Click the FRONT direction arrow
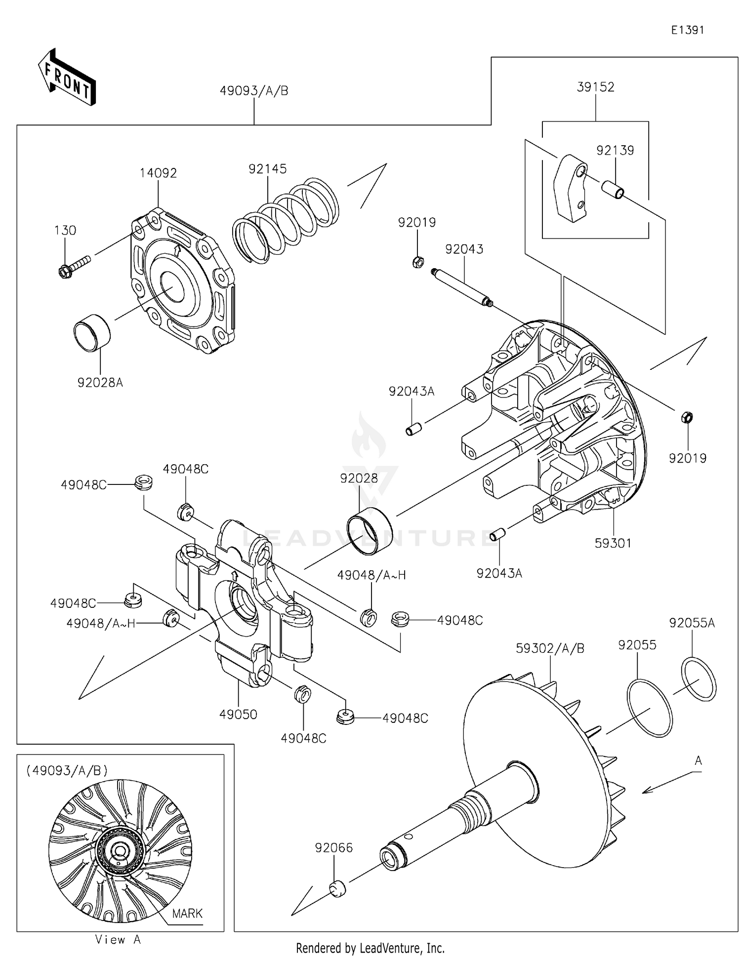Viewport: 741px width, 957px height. click(66, 78)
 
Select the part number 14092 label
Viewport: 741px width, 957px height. click(158, 173)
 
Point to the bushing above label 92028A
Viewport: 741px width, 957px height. click(92, 332)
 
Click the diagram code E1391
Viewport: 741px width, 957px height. click(687, 30)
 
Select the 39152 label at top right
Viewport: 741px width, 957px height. click(595, 87)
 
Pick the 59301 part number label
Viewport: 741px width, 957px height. click(613, 543)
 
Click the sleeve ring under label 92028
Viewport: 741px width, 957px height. click(370, 531)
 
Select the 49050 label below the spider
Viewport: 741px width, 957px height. click(238, 714)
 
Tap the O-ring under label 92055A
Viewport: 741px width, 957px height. click(699, 679)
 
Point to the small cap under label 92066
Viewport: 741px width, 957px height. click(337, 889)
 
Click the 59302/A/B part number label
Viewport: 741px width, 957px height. click(550, 648)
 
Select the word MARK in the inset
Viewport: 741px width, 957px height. click(187, 913)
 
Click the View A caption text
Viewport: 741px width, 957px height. click(118, 940)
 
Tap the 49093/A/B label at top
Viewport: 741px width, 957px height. click(254, 91)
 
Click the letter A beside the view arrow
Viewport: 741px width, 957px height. click(698, 761)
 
